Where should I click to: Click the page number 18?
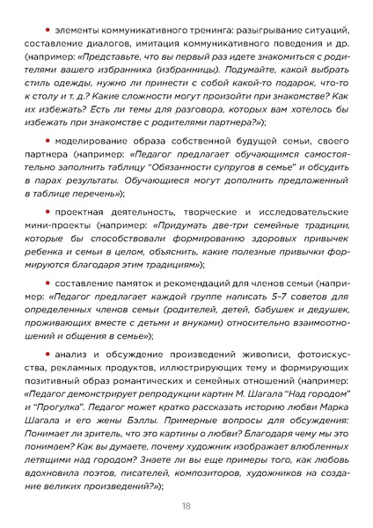tap(186, 505)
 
